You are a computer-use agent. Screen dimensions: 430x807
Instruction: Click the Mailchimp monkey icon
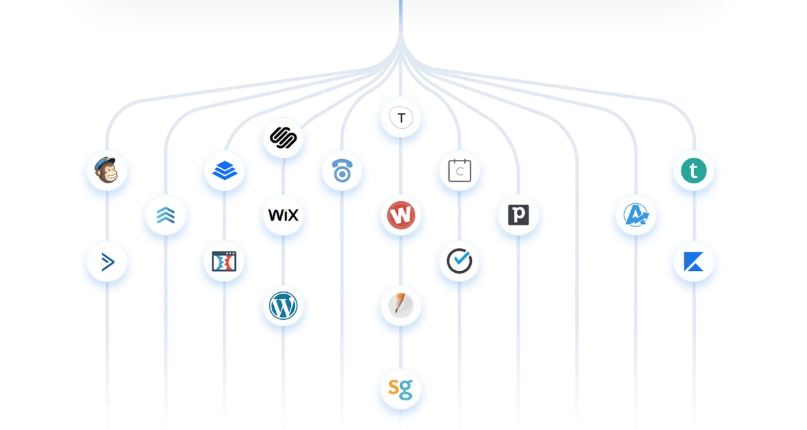coord(107,172)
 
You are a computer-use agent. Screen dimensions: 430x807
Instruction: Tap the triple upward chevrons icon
coord(166,218)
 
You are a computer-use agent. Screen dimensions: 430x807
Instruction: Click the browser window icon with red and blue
coord(224,263)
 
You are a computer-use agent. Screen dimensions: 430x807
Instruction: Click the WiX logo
coord(283,216)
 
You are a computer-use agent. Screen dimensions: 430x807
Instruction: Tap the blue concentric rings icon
coord(342,172)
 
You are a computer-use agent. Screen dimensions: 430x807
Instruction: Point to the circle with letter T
coord(401,118)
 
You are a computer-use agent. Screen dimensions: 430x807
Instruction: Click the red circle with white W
coord(401,216)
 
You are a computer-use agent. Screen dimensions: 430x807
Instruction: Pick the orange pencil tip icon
coord(401,306)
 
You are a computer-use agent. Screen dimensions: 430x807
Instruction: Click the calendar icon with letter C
coord(460,171)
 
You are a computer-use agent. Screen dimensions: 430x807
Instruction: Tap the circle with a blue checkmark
coord(460,263)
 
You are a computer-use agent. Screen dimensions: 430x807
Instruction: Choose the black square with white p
coord(519,216)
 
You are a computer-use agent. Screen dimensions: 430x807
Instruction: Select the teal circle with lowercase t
coord(694,172)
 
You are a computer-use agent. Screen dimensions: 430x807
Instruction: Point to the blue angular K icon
coord(694,266)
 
